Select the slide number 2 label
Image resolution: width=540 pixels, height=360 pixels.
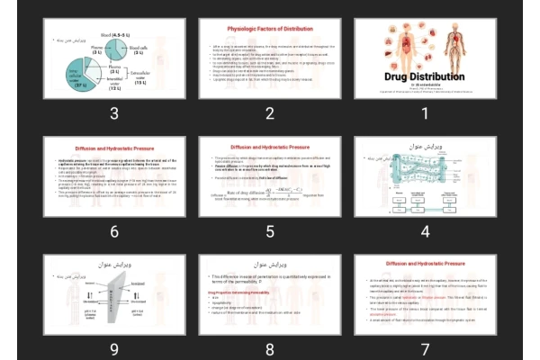coord(269,112)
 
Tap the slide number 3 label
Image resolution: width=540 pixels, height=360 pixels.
coord(114,112)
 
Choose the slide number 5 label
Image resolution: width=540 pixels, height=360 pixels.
coord(269,231)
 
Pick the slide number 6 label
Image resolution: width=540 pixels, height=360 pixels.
coord(114,231)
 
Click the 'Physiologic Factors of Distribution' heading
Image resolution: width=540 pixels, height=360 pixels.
coord(269,29)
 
